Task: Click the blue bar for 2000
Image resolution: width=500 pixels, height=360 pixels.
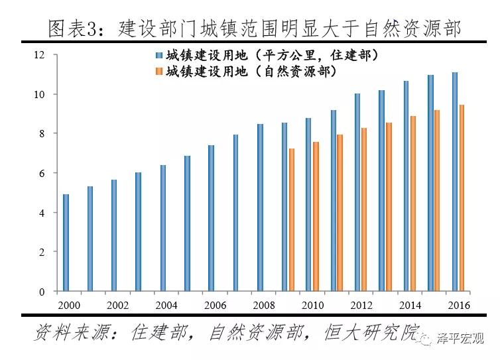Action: point(66,243)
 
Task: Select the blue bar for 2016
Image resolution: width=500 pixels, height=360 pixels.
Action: point(455,182)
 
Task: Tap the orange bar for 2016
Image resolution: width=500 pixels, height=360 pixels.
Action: point(462,198)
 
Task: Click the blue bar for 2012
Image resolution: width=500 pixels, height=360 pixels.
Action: point(357,192)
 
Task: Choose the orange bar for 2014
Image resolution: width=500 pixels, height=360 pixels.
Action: point(412,204)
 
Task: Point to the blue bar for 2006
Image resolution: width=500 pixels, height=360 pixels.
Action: point(211,218)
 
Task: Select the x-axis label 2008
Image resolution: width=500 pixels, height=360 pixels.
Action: point(263,305)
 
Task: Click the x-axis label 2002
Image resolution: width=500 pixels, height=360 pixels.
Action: point(117,305)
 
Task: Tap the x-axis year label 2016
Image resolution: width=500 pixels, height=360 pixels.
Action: point(458,305)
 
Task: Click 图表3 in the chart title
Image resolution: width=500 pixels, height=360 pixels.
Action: point(73,28)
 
